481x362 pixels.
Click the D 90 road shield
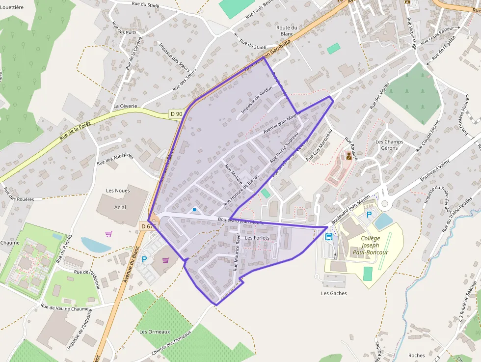(x=176, y=114)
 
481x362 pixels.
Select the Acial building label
(x=120, y=207)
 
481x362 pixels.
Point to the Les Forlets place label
(x=257, y=238)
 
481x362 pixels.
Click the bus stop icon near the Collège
(x=329, y=236)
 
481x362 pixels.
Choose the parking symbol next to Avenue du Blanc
(x=144, y=259)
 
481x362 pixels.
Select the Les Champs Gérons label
(x=389, y=145)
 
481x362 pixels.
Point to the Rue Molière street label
(x=234, y=174)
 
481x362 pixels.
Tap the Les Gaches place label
(x=334, y=293)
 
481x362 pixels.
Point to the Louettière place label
(x=12, y=7)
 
